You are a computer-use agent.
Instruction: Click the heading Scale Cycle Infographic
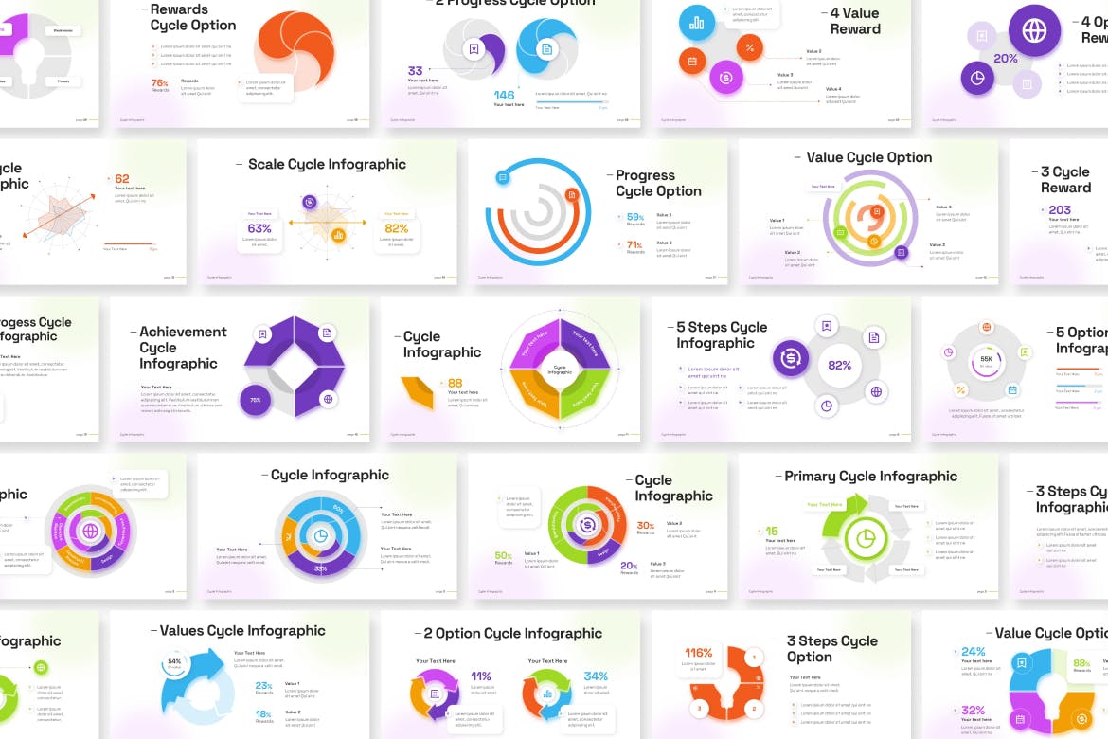pos(327,165)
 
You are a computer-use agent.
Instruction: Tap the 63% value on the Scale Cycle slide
pos(259,228)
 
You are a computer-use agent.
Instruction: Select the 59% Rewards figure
pos(634,217)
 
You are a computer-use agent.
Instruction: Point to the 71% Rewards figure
pos(634,245)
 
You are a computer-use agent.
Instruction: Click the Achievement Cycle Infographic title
pos(183,348)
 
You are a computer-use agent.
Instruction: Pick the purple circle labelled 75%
pos(256,400)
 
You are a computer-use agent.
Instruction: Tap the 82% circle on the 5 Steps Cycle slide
pos(839,365)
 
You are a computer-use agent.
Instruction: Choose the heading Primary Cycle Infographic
pos(870,477)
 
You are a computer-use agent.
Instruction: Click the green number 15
pos(772,532)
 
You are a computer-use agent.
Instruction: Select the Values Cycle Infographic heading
pos(242,631)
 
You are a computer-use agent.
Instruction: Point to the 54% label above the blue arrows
pos(174,661)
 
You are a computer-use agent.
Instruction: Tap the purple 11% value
pos(481,676)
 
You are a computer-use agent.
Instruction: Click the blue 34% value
pos(596,676)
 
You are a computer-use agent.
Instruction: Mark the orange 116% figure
pos(699,653)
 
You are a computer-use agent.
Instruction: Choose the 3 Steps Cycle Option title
pos(831,649)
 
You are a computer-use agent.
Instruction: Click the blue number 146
pos(504,95)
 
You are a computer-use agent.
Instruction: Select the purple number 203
pos(1060,210)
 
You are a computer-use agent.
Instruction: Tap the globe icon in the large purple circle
pos(1034,30)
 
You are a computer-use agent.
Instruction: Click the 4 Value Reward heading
pos(854,21)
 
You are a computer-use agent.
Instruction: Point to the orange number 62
pos(122,179)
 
